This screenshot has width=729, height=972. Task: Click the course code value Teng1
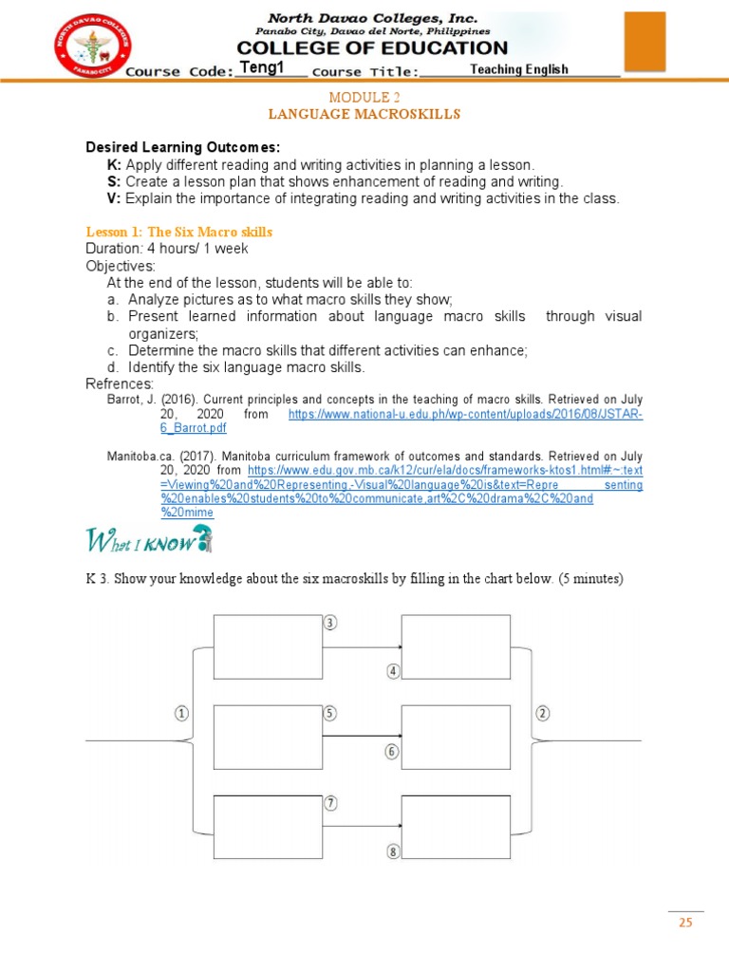click(x=262, y=67)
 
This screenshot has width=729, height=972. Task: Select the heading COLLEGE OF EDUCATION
click(x=372, y=47)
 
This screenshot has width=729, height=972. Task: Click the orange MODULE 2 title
click(x=364, y=98)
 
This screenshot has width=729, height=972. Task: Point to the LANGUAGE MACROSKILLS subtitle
click(x=364, y=114)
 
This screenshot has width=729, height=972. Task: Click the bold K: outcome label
click(x=114, y=164)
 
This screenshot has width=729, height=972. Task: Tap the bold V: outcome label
click(x=114, y=198)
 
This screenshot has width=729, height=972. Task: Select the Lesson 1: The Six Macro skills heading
click(x=179, y=232)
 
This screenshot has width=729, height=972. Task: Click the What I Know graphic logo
click(x=150, y=541)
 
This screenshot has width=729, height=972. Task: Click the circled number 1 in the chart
click(x=181, y=714)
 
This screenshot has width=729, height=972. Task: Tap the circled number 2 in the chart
click(x=543, y=714)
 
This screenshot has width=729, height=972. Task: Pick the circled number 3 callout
click(x=330, y=623)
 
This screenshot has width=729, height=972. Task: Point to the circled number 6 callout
click(x=392, y=752)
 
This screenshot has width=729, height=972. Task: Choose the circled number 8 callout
click(x=392, y=851)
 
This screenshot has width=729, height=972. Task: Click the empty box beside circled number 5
click(x=268, y=738)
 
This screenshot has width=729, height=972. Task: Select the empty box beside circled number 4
click(x=457, y=647)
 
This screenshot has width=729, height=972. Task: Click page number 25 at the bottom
click(x=685, y=922)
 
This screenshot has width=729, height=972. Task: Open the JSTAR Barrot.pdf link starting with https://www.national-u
click(x=465, y=416)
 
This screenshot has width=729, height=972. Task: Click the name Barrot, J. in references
click(x=131, y=401)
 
